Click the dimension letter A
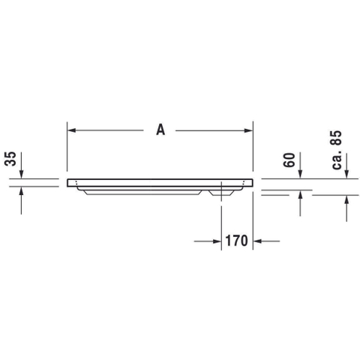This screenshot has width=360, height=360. coord(160,130)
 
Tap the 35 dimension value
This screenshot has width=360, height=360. coord(10,158)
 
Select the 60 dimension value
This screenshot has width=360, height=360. coord(289,160)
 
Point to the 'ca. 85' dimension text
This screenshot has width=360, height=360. coord(336,150)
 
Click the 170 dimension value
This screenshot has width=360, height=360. coord(236,241)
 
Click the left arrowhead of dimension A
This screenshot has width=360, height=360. coord(72,130)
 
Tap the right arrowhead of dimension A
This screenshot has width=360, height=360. coord(248,130)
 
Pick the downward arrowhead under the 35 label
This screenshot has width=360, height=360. coord(21,174)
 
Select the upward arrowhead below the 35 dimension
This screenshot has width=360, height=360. coord(21,191)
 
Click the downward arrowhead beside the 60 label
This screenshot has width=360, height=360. coord(300,174)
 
